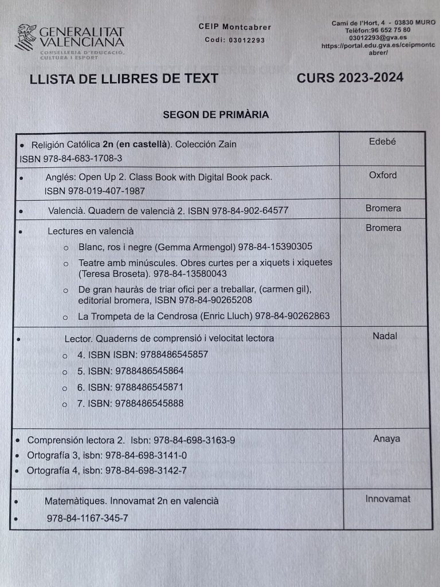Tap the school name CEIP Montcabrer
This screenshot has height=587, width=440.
click(x=234, y=27)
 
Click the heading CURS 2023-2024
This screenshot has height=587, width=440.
click(x=350, y=77)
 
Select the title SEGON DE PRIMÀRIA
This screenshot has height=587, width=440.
click(x=215, y=115)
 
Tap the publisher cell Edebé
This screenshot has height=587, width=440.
click(x=382, y=142)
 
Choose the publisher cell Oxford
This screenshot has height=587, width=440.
click(x=382, y=175)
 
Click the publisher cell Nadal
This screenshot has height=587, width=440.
click(x=384, y=336)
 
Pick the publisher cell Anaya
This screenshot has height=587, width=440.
click(x=386, y=439)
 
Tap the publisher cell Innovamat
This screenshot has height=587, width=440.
click(x=388, y=499)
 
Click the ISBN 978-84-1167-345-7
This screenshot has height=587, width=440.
click(x=88, y=518)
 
